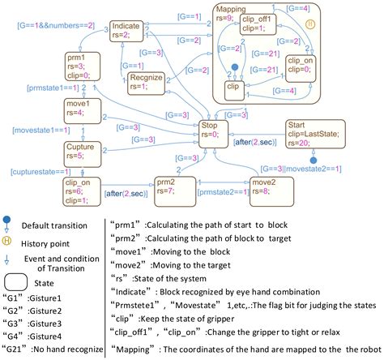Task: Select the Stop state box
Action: point(214,131)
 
